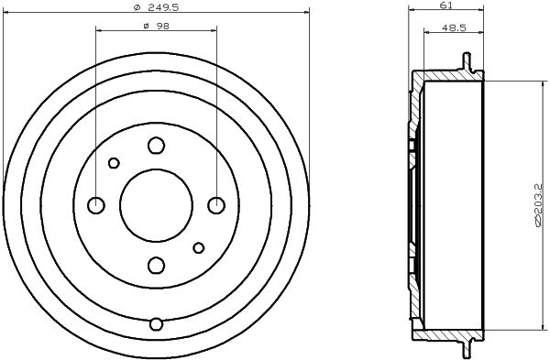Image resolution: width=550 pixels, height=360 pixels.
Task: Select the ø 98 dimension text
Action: (x=157, y=27)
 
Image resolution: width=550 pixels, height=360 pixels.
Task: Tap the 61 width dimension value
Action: (x=445, y=5)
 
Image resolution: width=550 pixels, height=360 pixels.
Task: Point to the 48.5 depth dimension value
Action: (x=454, y=28)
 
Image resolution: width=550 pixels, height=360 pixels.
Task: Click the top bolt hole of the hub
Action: (x=156, y=145)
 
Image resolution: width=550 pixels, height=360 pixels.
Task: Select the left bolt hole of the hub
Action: (x=95, y=205)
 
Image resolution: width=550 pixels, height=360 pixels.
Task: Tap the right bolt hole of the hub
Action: (x=216, y=205)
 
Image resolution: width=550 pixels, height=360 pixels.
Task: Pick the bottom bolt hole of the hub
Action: (x=156, y=266)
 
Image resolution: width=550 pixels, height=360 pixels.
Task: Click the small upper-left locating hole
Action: (x=114, y=163)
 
